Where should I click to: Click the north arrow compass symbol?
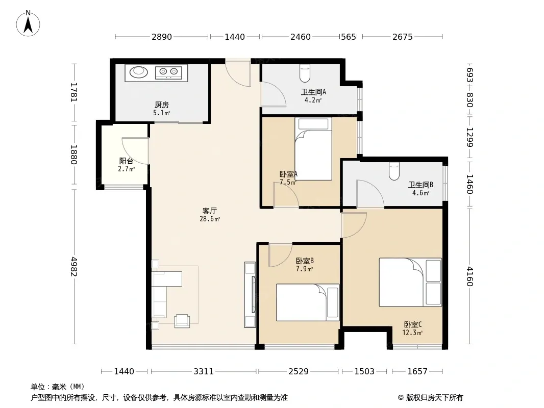(28, 23)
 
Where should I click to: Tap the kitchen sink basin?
(139, 72)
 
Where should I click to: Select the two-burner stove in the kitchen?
(168, 72)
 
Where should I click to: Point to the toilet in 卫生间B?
(394, 171)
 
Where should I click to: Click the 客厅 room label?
(210, 211)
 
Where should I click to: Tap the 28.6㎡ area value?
(210, 219)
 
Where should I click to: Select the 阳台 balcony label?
(126, 161)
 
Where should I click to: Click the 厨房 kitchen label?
(162, 105)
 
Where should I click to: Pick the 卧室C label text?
(412, 324)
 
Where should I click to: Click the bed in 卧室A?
(313, 149)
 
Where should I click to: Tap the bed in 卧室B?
(308, 302)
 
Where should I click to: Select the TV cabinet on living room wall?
(250, 295)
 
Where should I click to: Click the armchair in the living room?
(182, 321)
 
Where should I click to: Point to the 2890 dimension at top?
(162, 37)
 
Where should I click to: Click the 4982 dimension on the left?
(73, 266)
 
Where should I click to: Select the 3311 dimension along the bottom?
(204, 372)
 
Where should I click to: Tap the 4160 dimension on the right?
(469, 276)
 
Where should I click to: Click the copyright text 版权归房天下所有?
(434, 398)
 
